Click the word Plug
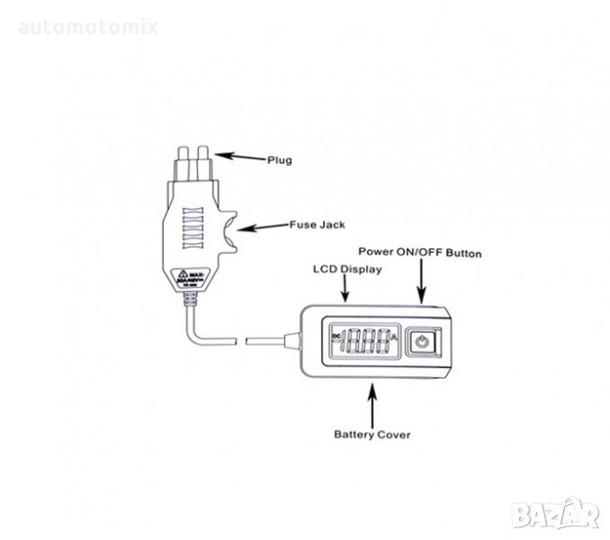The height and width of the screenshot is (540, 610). pyautogui.click(x=279, y=160)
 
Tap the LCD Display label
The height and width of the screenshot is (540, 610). pyautogui.click(x=346, y=268)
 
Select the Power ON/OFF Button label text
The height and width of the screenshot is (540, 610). pyautogui.click(x=420, y=254)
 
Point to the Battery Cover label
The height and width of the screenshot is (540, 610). pyautogui.click(x=372, y=435)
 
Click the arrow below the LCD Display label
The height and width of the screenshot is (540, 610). pyautogui.click(x=346, y=289)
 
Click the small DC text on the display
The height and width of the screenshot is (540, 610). pyautogui.click(x=336, y=337)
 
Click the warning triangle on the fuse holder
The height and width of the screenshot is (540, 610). pyautogui.click(x=183, y=275)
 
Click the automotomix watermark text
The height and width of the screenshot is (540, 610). pyautogui.click(x=88, y=27)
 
